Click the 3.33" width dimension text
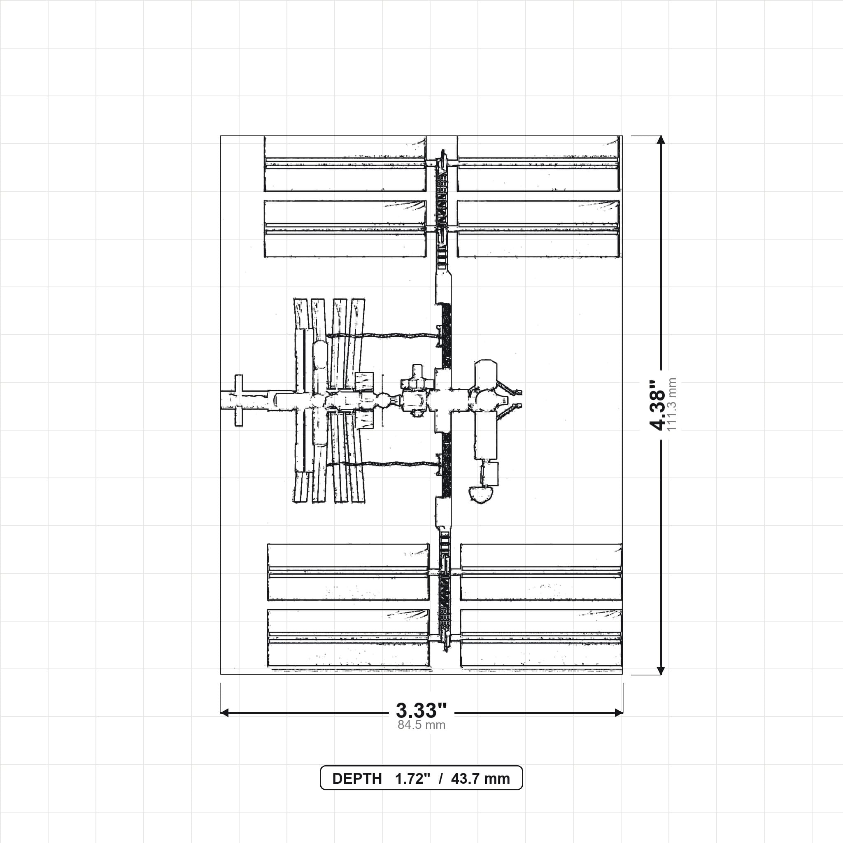(x=421, y=710)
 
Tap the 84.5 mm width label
(x=421, y=725)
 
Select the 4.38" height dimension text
(x=657, y=405)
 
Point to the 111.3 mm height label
(x=671, y=405)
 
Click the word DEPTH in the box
(x=357, y=778)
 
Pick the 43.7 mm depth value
(x=480, y=778)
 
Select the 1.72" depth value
(x=413, y=778)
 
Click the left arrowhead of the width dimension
(x=224, y=713)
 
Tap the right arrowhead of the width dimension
(x=619, y=713)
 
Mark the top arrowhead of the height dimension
(x=661, y=140)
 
